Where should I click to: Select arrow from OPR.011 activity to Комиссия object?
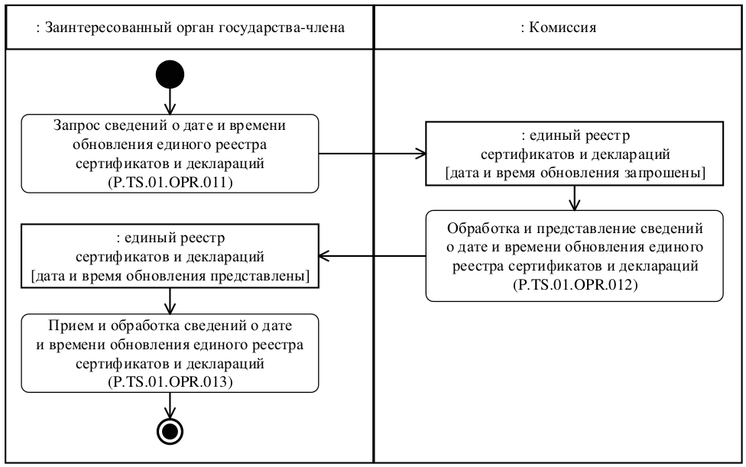[371, 154]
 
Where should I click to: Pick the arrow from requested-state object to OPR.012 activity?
[575, 197]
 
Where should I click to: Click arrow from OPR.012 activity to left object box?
[371, 255]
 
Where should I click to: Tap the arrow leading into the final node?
[170, 406]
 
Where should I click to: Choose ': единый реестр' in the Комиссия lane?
[575, 135]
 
